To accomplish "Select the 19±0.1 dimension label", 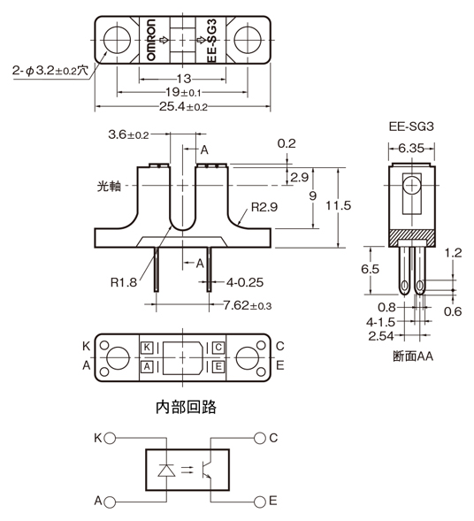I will point(183,92).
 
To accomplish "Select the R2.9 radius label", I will point(264,209).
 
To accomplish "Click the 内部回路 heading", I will point(185,408).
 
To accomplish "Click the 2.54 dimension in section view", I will point(382,335).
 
